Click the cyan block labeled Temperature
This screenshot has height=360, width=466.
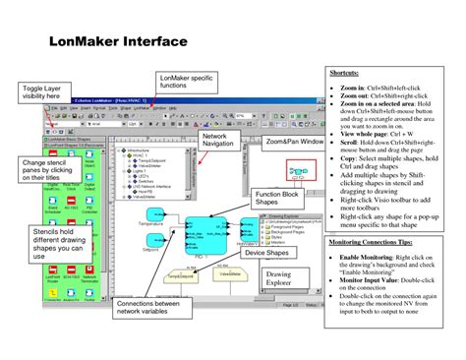tap(152, 213)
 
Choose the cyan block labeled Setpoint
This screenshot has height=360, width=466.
tap(152, 241)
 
